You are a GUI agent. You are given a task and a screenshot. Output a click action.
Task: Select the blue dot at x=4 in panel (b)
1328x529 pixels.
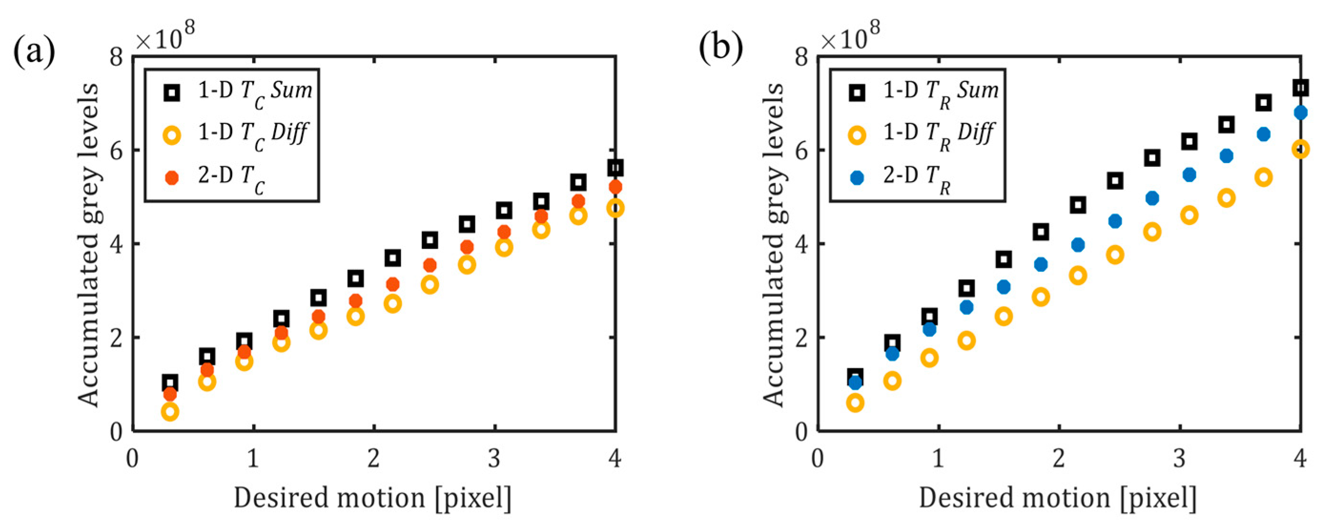pyautogui.click(x=1301, y=112)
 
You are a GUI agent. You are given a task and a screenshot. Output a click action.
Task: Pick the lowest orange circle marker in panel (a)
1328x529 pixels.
pyautogui.click(x=170, y=411)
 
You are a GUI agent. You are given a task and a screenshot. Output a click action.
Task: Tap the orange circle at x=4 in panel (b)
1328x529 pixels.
pyautogui.click(x=1301, y=149)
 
